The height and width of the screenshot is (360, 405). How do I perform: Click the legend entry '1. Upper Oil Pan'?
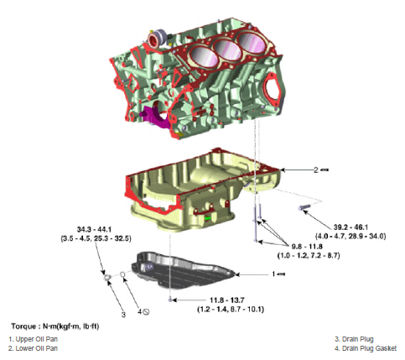click(x=29, y=338)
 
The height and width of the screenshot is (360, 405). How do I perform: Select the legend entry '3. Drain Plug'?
click(x=348, y=338)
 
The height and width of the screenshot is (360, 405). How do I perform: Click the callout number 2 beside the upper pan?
click(x=315, y=170)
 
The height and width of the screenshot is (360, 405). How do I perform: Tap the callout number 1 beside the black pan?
click(x=274, y=274)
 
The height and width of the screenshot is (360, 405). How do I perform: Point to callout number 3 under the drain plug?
click(x=123, y=314)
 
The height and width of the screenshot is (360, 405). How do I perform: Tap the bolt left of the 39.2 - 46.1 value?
click(x=304, y=206)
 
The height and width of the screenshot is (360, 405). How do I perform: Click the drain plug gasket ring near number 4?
click(x=123, y=274)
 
